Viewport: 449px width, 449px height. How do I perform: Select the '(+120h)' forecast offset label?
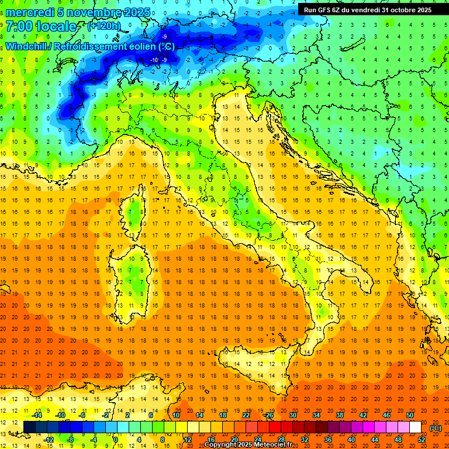coord(104,26)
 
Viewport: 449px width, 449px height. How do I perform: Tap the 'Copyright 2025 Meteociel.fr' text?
coord(248,445)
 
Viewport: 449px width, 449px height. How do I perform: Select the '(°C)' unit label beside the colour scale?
coord(436,428)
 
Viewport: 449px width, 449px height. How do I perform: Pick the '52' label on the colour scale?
coord(421,439)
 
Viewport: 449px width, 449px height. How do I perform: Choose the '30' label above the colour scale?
coord(292,415)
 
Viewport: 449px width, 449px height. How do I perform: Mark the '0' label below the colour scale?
coord(116,439)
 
